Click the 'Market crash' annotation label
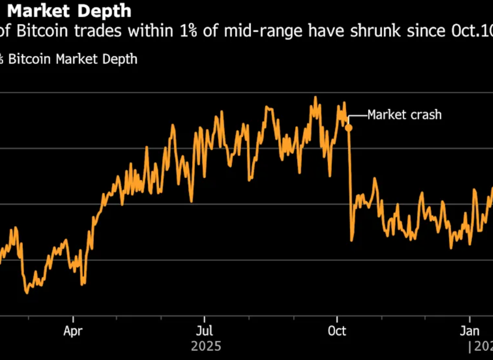coord(404,115)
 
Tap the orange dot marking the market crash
coord(349,128)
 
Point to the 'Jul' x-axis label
coord(205,332)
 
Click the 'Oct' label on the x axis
coord(337,332)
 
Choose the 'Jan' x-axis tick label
coord(469,332)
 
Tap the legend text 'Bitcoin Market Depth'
coord(73,59)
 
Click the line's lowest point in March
coord(26,292)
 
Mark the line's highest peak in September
coord(315,97)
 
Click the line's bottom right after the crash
coord(351,240)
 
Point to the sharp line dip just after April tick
coord(83,284)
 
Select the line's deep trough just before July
coord(191,201)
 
